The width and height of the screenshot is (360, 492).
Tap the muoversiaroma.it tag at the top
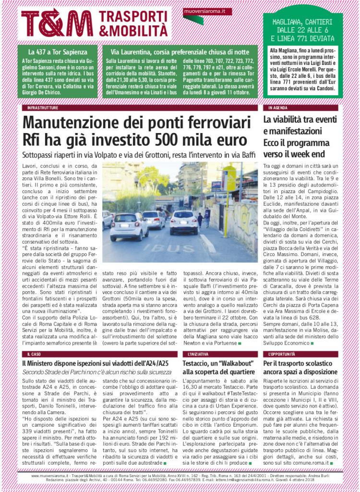201,11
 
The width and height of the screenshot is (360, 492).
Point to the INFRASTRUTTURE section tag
43,108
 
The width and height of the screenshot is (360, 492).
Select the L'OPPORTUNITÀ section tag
281,354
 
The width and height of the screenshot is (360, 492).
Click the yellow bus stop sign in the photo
228,180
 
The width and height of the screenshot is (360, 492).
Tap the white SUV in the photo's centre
183,221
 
